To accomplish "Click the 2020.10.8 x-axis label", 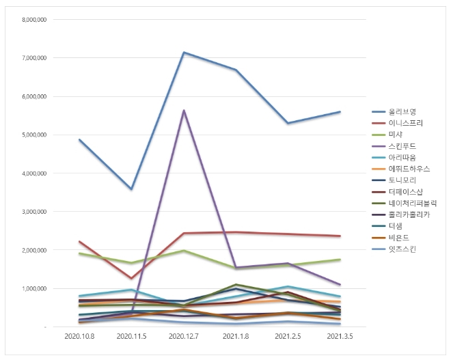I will [80, 337].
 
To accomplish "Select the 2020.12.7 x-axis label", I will [184, 337].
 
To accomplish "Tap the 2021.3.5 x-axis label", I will [340, 337].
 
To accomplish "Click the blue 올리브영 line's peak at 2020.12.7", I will [184, 52].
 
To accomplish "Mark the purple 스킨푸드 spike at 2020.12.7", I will [184, 110].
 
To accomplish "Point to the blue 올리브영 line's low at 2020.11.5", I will [131, 189].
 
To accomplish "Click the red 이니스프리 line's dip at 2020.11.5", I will [131, 279].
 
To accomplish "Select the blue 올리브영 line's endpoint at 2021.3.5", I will [340, 112].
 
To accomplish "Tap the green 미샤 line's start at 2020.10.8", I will [80, 253].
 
